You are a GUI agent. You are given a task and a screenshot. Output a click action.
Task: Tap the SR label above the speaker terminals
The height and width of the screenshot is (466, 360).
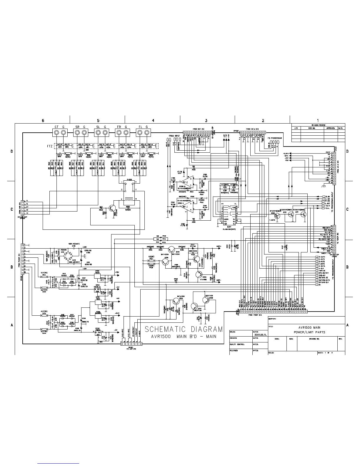tap(77, 127)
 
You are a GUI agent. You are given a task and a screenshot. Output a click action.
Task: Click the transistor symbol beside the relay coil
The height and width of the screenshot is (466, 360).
tap(111, 208)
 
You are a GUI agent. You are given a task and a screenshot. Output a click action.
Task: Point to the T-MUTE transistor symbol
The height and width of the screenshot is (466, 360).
tap(277, 215)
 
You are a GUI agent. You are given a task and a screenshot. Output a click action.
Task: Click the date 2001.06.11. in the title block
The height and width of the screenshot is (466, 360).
tap(259, 334)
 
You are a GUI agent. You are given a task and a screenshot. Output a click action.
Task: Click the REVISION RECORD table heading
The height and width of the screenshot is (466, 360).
tap(318, 125)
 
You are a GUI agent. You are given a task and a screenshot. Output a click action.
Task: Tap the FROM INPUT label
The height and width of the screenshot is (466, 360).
tap(174, 136)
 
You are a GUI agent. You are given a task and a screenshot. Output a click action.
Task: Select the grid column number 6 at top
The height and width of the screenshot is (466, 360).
tap(43, 120)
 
